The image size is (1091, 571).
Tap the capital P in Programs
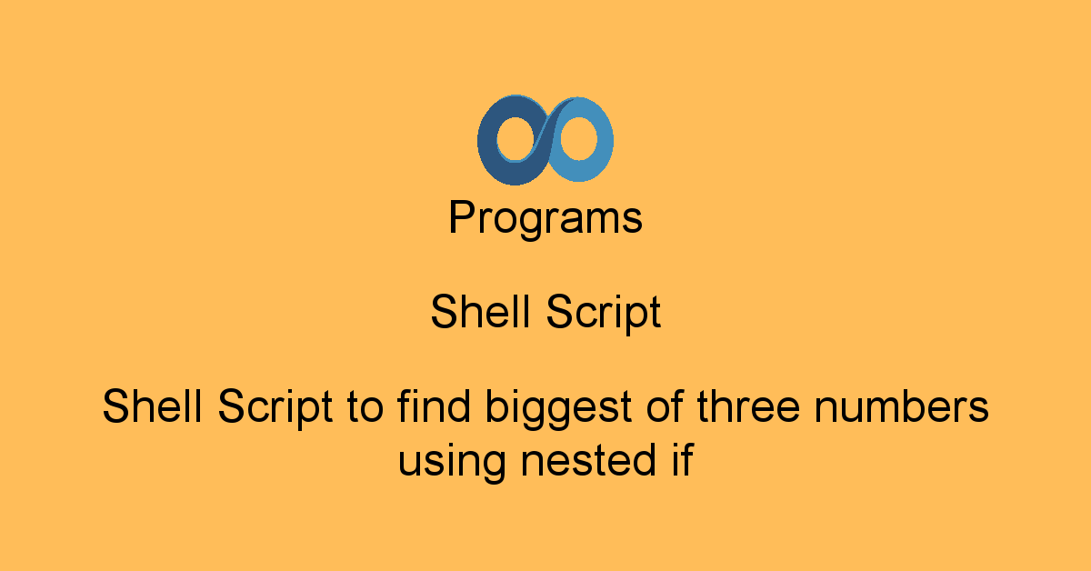462,218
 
